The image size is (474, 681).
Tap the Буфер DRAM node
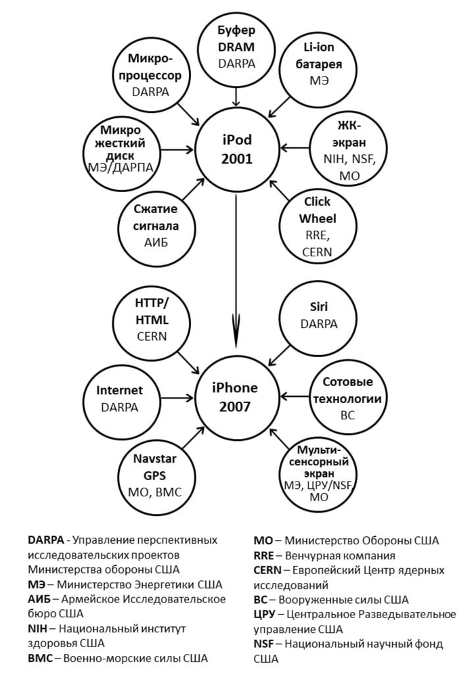click(x=235, y=47)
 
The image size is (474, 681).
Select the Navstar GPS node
click(x=150, y=476)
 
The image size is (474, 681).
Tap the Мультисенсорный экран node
click(x=318, y=474)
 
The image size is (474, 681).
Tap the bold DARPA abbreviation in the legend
click(x=47, y=540)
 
